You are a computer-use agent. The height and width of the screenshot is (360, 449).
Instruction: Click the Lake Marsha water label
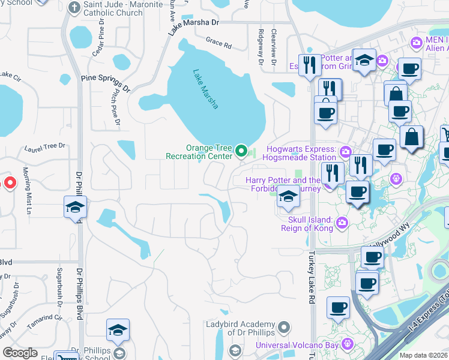205,89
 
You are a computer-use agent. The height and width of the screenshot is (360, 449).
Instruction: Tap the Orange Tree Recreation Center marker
242,150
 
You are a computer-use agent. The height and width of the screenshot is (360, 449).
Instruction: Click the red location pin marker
10,182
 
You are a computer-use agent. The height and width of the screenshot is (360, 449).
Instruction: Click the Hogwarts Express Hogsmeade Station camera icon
345,150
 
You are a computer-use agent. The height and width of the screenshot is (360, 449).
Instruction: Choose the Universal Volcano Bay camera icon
346,344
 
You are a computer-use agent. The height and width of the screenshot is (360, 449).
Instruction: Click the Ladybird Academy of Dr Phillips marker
285,328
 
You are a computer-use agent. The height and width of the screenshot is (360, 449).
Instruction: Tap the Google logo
20,353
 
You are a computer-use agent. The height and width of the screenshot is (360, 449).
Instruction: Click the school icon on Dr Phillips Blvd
75,208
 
